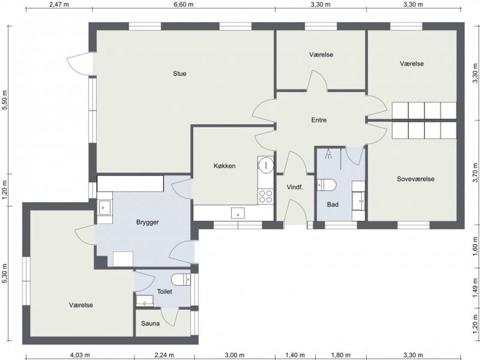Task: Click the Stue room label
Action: point(180,74)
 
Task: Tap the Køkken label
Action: point(225,166)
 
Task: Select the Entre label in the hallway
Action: point(319,120)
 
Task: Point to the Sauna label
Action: point(150,323)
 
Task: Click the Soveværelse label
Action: point(415,179)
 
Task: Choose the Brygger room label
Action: point(147,222)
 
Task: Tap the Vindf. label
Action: point(295,187)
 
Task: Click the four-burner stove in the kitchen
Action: point(265,197)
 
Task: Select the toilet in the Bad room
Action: point(326,185)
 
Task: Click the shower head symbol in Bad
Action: point(328,154)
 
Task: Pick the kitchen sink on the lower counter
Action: point(238,213)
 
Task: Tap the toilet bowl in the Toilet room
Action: point(181,279)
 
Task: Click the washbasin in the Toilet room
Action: point(145,301)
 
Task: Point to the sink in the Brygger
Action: point(105,208)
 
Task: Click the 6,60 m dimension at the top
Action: point(183,4)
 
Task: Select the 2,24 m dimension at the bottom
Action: point(164,355)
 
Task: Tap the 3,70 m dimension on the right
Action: point(475,172)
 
